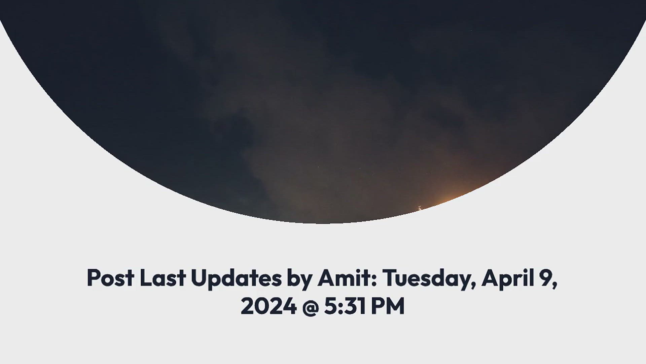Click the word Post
point(111,278)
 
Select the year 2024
point(268,306)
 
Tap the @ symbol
point(310,307)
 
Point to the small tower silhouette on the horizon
point(419,208)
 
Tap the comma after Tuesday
point(473,286)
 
